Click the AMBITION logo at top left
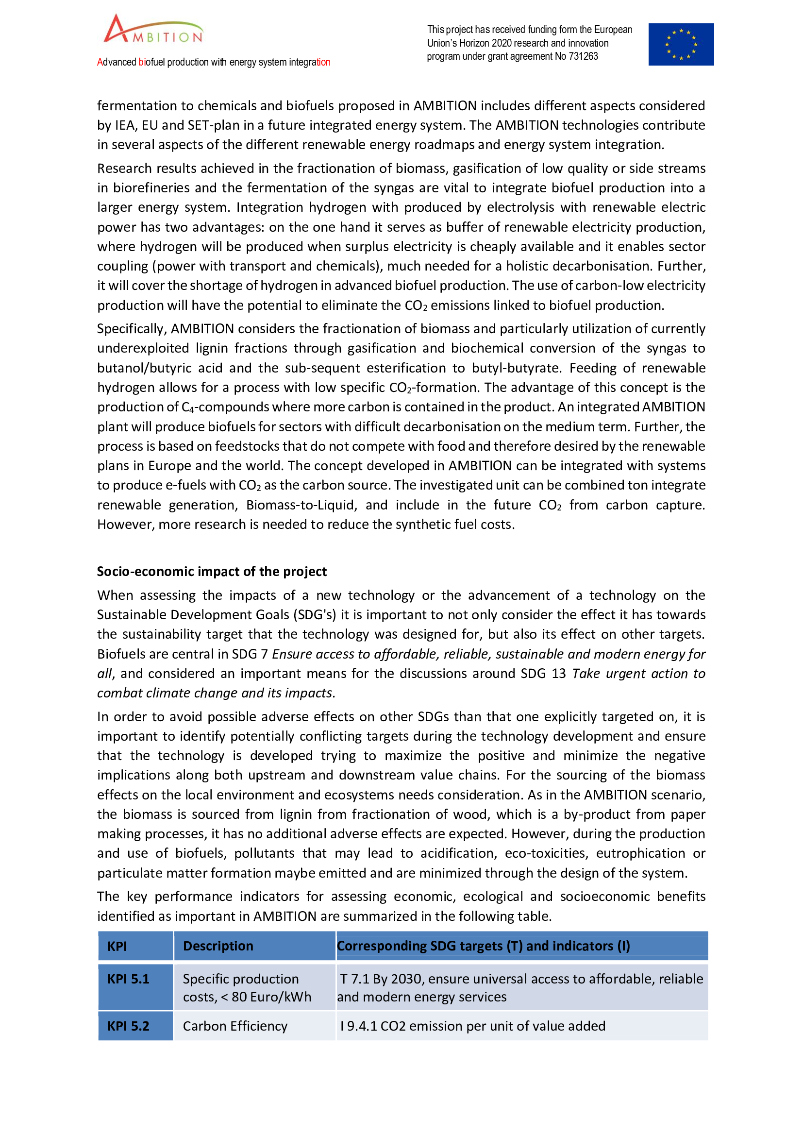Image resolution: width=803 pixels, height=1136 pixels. click(x=153, y=30)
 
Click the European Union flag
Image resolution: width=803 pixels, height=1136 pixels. click(x=681, y=45)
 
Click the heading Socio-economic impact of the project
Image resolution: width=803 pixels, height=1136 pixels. click(x=212, y=572)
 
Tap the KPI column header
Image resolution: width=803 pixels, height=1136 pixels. click(x=117, y=946)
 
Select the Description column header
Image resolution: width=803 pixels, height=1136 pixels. click(x=217, y=946)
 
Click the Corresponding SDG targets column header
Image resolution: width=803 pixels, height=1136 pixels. click(x=483, y=946)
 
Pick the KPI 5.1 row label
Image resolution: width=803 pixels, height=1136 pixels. click(x=128, y=979)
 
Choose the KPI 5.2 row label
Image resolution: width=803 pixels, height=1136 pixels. click(x=128, y=1026)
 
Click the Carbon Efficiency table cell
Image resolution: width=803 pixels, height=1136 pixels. click(x=235, y=1026)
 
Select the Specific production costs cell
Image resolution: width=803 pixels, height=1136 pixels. click(x=247, y=987)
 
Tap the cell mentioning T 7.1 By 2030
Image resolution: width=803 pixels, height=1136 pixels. click(x=519, y=987)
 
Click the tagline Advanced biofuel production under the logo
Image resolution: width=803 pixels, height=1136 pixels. click(x=214, y=62)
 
